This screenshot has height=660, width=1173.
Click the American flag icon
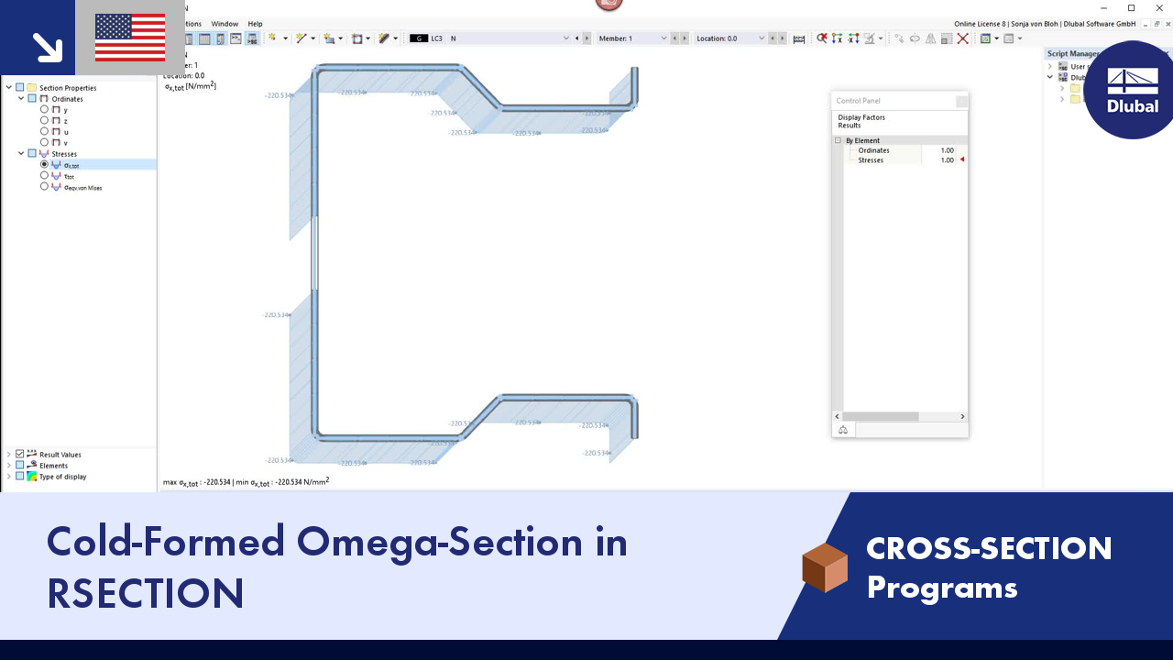click(x=130, y=38)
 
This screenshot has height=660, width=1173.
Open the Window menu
click(x=224, y=24)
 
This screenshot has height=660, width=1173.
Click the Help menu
click(x=255, y=24)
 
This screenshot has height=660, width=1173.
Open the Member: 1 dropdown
click(x=632, y=38)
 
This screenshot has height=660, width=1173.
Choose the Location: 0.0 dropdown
click(x=730, y=38)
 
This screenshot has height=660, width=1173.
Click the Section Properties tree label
click(x=68, y=88)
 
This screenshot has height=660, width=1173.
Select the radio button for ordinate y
click(x=44, y=110)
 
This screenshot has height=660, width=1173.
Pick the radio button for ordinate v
click(x=44, y=143)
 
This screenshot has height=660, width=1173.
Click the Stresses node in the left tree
click(x=64, y=154)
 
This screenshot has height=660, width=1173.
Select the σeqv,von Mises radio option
click(x=44, y=187)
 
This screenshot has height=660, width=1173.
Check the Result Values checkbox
click(x=20, y=455)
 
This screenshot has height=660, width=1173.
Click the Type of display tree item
click(x=62, y=477)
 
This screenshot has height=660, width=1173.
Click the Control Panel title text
click(x=859, y=101)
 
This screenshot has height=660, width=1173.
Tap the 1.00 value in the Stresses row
click(x=947, y=160)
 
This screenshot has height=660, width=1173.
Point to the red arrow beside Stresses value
click(x=962, y=160)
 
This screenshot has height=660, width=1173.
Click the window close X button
click(x=1158, y=8)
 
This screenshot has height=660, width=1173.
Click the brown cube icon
click(x=824, y=567)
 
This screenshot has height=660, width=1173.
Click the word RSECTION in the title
click(x=146, y=593)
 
